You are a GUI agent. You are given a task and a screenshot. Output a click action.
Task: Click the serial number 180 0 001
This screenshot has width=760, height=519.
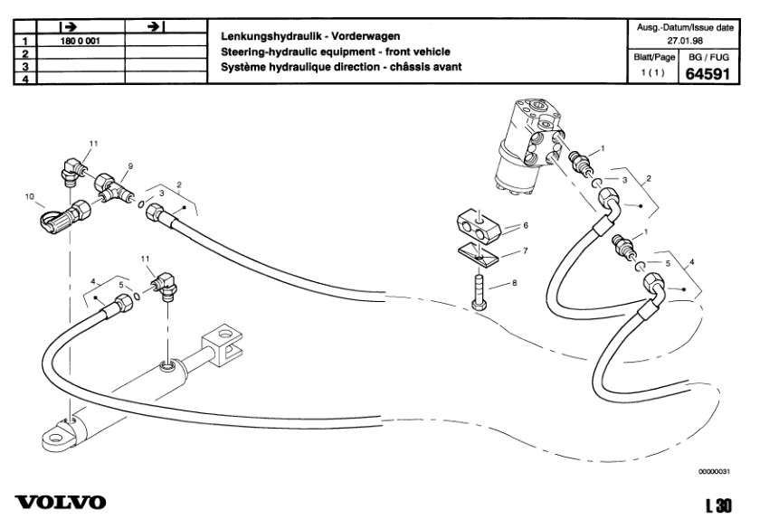click(x=80, y=42)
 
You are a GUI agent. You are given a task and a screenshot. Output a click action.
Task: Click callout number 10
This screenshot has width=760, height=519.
click(x=28, y=196)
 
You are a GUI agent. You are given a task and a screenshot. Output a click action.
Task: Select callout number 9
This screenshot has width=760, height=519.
click(x=130, y=166)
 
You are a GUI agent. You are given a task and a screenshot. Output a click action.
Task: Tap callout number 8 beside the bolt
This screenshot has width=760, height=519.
click(x=514, y=284)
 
